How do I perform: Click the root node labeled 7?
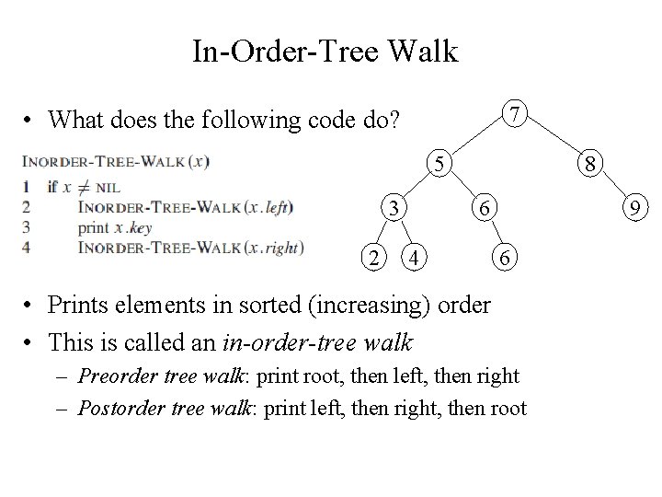(x=519, y=114)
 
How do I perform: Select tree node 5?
(x=441, y=164)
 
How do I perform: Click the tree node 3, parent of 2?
(x=394, y=209)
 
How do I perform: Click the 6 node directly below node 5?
(x=487, y=209)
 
